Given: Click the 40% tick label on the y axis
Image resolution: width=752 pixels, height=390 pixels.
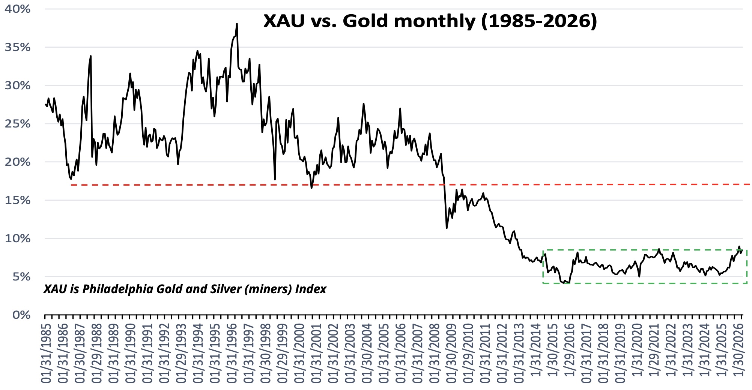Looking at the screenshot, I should tap(18, 9).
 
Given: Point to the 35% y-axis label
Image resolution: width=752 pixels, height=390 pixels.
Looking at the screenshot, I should tap(18, 47).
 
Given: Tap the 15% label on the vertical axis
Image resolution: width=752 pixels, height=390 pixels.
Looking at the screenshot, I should tap(18, 200).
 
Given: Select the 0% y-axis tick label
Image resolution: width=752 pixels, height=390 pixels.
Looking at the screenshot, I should tap(21, 315).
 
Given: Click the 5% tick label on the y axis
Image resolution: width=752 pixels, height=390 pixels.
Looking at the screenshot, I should tap(21, 277).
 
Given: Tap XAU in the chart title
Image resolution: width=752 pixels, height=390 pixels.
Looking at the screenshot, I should tap(284, 21).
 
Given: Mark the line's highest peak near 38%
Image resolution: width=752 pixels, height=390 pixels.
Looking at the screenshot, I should tap(237, 24).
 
